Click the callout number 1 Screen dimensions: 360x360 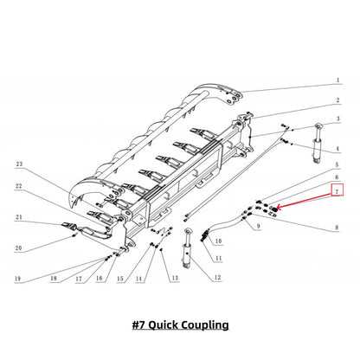click(x=338, y=80)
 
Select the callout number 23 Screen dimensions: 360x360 click(x=19, y=164)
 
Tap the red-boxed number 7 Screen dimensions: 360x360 click(x=337, y=190)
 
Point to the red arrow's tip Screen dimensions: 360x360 click(x=277, y=208)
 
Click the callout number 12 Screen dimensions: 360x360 click(x=217, y=277)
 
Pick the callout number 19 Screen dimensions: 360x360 click(x=17, y=279)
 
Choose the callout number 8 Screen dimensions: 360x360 click(x=337, y=228)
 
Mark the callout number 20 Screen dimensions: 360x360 click(x=18, y=247)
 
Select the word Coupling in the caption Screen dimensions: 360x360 click(x=205, y=325)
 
